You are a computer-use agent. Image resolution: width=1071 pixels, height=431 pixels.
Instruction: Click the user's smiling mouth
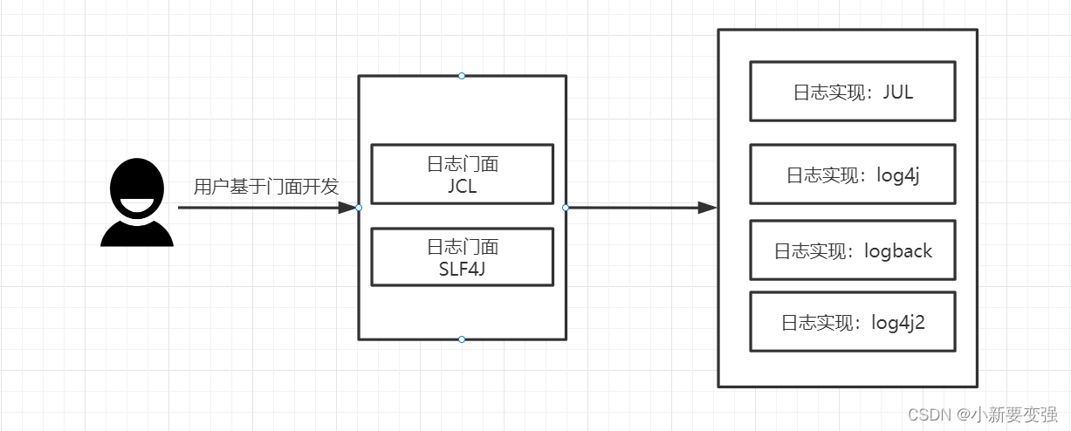137,204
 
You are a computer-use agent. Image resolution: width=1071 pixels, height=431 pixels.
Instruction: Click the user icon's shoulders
137,234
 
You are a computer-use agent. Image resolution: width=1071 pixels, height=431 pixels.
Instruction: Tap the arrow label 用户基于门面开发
266,187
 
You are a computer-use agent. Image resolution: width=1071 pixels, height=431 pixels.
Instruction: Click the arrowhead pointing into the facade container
347,208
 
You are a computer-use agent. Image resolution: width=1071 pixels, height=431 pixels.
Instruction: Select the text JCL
463,186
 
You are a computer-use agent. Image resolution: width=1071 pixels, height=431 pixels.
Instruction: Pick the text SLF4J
462,269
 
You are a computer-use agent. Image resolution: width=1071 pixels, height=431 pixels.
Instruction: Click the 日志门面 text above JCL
463,164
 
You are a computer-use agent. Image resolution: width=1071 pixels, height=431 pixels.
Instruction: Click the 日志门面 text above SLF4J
463,247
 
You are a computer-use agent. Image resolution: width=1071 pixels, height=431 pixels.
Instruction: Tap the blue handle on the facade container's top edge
462,76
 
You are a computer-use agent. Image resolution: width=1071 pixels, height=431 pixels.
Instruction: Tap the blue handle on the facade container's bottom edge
462,339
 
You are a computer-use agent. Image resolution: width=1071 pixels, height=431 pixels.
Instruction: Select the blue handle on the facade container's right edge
566,208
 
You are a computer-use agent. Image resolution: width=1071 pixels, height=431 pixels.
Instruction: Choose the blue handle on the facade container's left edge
359,208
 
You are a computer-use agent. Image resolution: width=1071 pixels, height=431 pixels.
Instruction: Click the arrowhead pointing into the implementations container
708,208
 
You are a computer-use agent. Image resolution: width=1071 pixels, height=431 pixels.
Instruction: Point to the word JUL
898,92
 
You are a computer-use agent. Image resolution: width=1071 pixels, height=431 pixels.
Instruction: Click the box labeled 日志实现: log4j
853,174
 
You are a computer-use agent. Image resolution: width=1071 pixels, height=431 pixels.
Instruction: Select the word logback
898,251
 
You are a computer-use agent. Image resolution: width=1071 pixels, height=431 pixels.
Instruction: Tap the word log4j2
898,323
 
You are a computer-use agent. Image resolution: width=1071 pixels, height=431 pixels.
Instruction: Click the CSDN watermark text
983,414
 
